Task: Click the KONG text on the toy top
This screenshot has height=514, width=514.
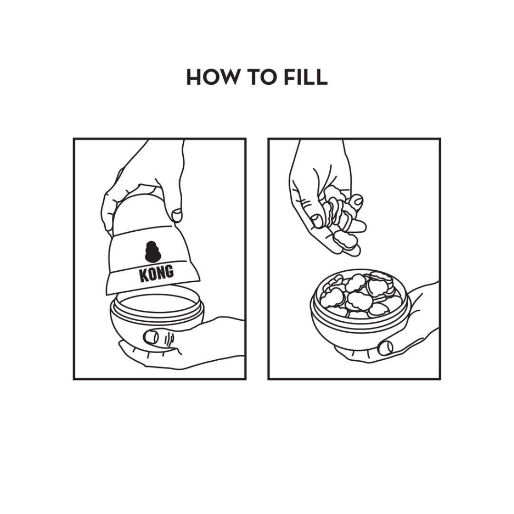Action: [x=157, y=273]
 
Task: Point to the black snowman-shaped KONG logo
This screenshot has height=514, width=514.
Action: [x=152, y=252]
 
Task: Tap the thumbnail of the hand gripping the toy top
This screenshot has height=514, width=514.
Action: [x=178, y=215]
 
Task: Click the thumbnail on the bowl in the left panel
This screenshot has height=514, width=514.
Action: [x=151, y=336]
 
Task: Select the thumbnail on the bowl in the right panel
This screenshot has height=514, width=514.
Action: [x=385, y=347]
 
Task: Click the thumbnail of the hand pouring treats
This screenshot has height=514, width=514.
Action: [x=316, y=221]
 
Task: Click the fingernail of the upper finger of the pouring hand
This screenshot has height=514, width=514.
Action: [x=356, y=199]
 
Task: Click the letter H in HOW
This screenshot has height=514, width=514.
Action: [x=193, y=77]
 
